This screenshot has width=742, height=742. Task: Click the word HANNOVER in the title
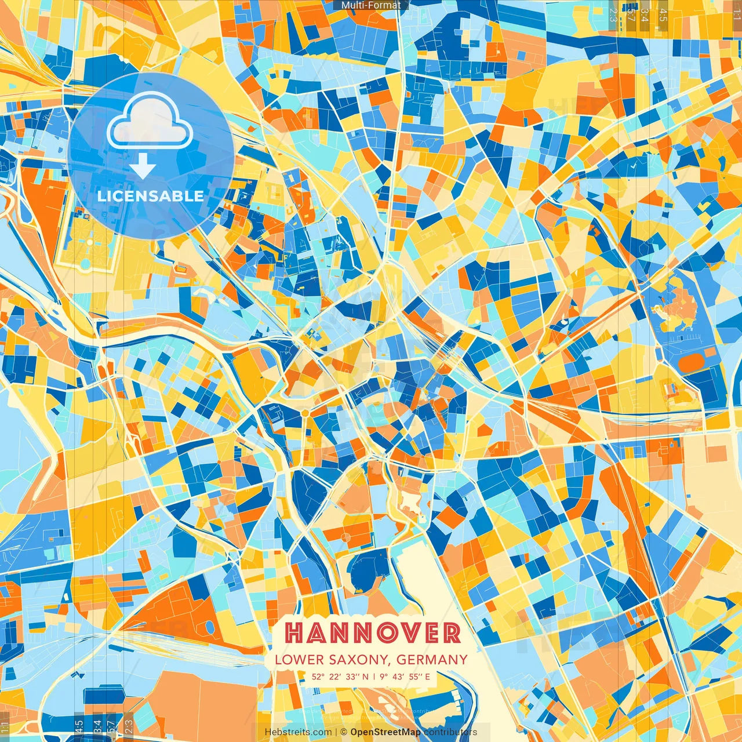373,633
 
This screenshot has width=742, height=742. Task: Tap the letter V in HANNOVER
416,633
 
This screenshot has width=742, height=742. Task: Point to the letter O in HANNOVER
394,633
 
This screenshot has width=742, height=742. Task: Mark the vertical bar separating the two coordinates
374,676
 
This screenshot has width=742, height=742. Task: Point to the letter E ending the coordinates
427,676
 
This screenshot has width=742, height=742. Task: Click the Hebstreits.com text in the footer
298,732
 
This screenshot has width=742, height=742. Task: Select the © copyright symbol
344,732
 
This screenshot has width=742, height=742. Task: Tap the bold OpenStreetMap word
385,732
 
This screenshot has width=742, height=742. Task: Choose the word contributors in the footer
450,732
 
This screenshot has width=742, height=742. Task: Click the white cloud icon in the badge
150,122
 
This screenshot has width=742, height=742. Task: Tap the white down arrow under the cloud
143,168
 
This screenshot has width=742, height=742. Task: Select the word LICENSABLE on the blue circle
151,196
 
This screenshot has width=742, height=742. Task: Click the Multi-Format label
371,5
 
